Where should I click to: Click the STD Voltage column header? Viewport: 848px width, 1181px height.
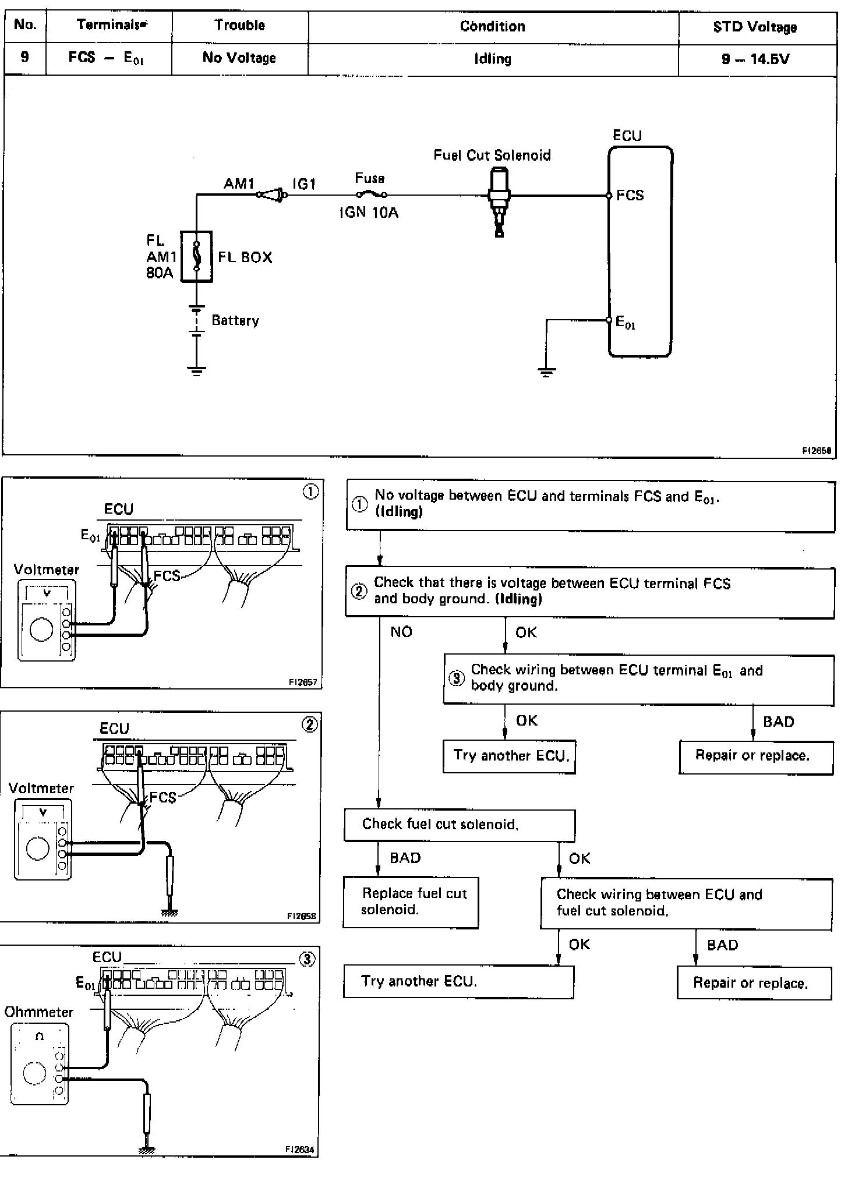tap(755, 27)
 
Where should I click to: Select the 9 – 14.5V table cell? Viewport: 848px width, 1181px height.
tap(755, 59)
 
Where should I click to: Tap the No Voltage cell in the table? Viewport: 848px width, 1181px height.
tap(239, 58)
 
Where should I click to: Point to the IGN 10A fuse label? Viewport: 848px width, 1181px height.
tap(369, 213)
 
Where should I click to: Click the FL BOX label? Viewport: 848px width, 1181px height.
tap(245, 257)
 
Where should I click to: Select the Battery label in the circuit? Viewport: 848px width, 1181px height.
tap(235, 320)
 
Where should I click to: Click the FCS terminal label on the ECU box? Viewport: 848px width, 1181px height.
tap(630, 195)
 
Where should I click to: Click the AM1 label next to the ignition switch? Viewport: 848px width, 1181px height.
tap(239, 184)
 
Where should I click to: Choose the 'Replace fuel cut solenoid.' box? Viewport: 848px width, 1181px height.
tap(411, 901)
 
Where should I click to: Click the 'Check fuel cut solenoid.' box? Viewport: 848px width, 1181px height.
tap(459, 824)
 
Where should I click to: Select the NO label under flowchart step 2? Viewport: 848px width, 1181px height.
tap(401, 632)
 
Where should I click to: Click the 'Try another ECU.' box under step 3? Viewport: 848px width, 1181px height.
tap(510, 756)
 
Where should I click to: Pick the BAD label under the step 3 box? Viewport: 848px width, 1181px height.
tap(778, 722)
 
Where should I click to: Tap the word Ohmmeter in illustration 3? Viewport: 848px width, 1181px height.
tap(39, 1012)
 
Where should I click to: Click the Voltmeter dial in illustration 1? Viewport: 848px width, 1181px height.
tap(41, 630)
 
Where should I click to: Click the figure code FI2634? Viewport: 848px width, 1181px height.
tap(300, 1150)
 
